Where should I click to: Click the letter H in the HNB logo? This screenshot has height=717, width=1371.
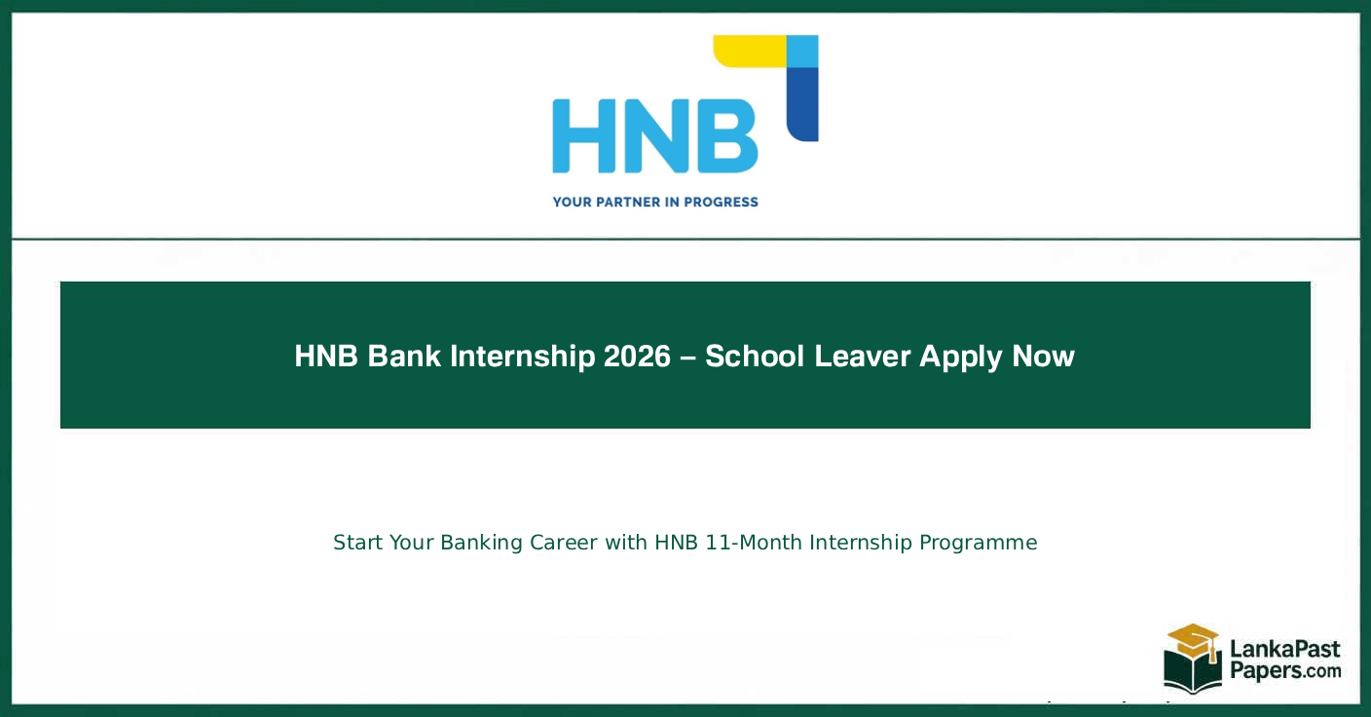(x=585, y=134)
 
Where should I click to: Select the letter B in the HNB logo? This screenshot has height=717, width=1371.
(x=724, y=134)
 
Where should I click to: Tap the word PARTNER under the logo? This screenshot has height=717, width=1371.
(x=620, y=203)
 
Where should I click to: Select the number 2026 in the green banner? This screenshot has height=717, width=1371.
(x=637, y=357)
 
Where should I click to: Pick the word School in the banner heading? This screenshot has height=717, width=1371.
(x=755, y=357)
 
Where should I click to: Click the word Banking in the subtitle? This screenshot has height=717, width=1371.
(x=482, y=543)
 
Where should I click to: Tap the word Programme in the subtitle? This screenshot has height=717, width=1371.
(x=978, y=543)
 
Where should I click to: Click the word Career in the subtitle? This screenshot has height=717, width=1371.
(x=564, y=543)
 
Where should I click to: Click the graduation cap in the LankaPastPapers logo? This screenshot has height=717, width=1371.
(x=1192, y=640)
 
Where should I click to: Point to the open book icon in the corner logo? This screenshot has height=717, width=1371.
(x=1192, y=672)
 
